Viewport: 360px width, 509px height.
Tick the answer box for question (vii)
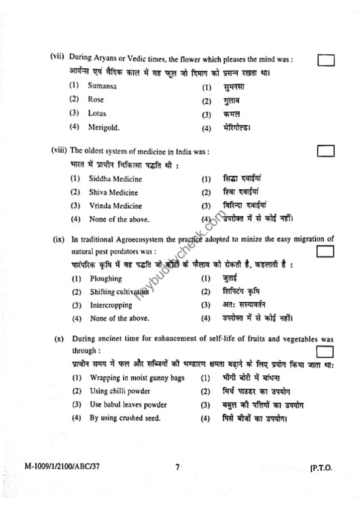click(x=326, y=61)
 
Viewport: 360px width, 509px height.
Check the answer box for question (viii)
click(x=326, y=151)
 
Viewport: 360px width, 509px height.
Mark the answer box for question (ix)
click(x=326, y=252)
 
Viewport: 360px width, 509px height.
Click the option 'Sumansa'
click(x=102, y=86)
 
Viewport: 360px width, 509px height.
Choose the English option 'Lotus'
click(x=97, y=113)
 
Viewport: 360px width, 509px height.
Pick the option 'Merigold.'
click(x=104, y=127)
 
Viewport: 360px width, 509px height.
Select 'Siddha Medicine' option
click(x=115, y=179)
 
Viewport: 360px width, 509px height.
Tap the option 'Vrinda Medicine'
click(x=115, y=206)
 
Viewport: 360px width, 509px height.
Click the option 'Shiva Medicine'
click(x=113, y=192)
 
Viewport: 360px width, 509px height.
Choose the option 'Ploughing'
click(x=106, y=279)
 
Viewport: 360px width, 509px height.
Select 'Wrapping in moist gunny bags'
click(x=137, y=378)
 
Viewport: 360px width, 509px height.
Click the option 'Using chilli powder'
click(x=120, y=391)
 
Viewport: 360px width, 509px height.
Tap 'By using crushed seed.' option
click(x=125, y=418)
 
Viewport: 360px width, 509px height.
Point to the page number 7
click(x=177, y=467)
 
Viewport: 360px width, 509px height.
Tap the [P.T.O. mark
click(x=321, y=468)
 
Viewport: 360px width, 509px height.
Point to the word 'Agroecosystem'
click(x=141, y=239)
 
